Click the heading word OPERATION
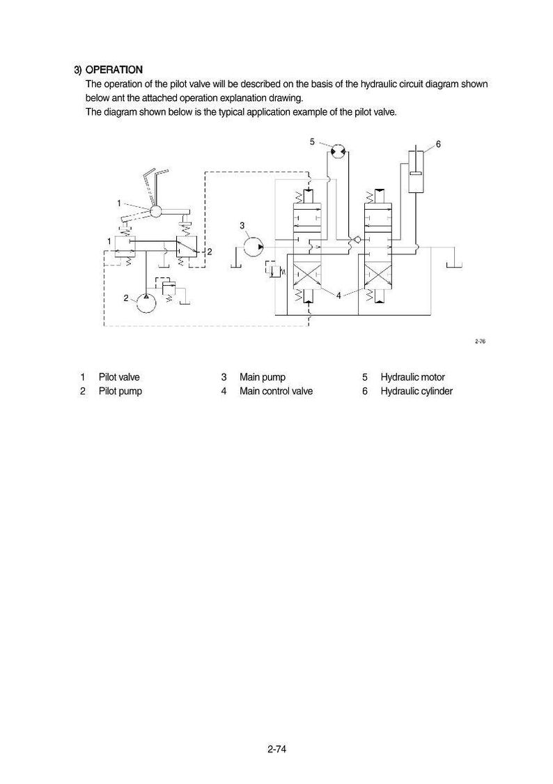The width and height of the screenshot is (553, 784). click(x=114, y=70)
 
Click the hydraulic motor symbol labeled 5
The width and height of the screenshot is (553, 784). click(x=339, y=150)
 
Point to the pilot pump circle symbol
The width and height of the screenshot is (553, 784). click(x=146, y=302)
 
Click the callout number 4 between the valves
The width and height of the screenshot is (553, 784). click(x=338, y=295)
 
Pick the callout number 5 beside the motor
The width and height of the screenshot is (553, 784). click(x=312, y=141)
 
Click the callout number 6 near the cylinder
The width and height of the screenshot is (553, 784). click(x=438, y=144)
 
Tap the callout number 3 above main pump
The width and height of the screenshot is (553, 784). click(x=242, y=226)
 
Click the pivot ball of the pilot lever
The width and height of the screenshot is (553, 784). click(x=155, y=211)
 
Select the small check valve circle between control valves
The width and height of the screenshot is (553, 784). click(x=357, y=240)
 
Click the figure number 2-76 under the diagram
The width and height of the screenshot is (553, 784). click(x=480, y=341)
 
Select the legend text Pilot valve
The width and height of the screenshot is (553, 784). click(x=119, y=377)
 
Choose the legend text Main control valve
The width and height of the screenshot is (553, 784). click(x=276, y=391)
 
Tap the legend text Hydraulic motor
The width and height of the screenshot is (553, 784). click(x=412, y=377)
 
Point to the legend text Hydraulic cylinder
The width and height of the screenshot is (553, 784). click(x=416, y=391)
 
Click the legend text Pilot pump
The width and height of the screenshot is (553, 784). click(x=120, y=391)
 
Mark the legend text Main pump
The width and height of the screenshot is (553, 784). click(x=263, y=377)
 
